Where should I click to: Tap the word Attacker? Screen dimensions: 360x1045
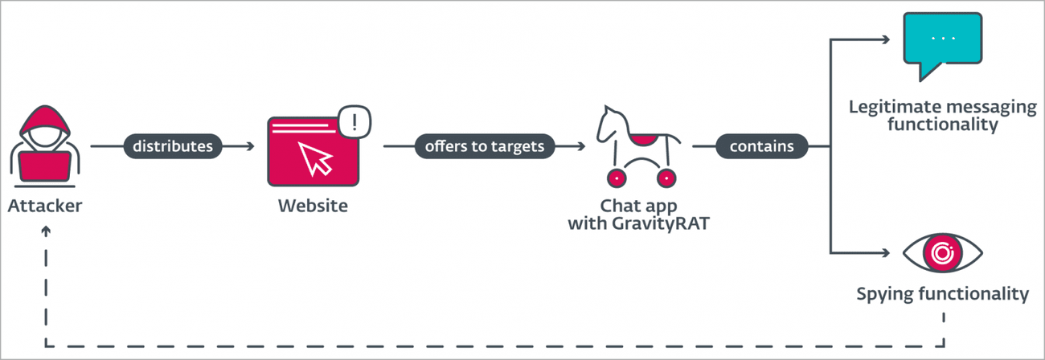click(45, 206)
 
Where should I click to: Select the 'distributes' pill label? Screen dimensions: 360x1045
click(173, 146)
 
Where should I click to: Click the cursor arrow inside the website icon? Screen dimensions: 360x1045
click(314, 157)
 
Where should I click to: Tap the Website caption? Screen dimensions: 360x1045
click(313, 206)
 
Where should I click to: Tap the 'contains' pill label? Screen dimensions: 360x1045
click(761, 146)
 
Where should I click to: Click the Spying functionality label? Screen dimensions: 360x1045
click(942, 293)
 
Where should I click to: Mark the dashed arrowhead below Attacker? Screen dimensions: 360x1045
click(45, 231)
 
